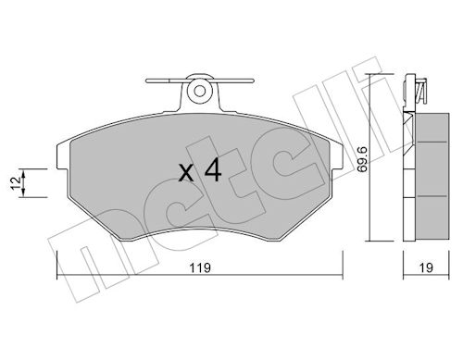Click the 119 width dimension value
click(x=200, y=267)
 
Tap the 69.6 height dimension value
click(x=362, y=159)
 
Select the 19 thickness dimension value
click(x=426, y=267)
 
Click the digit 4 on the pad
click(x=213, y=169)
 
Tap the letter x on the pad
click(x=186, y=173)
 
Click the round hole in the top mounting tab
click(x=200, y=91)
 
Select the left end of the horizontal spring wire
click(x=147, y=81)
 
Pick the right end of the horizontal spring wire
click(x=253, y=81)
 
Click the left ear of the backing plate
click(x=62, y=156)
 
